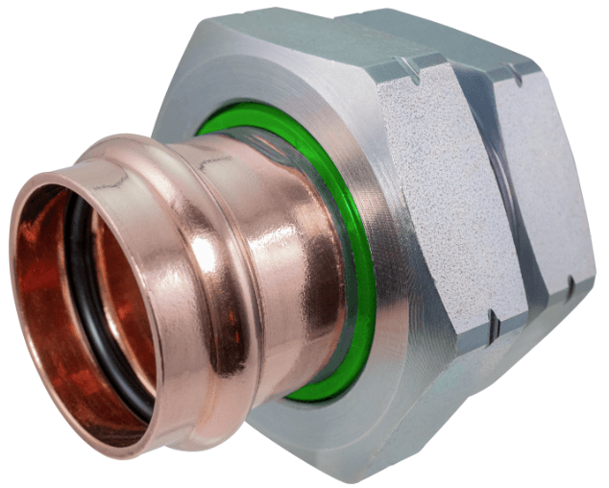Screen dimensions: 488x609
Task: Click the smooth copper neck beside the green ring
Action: pyautogui.click(x=288, y=240)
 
